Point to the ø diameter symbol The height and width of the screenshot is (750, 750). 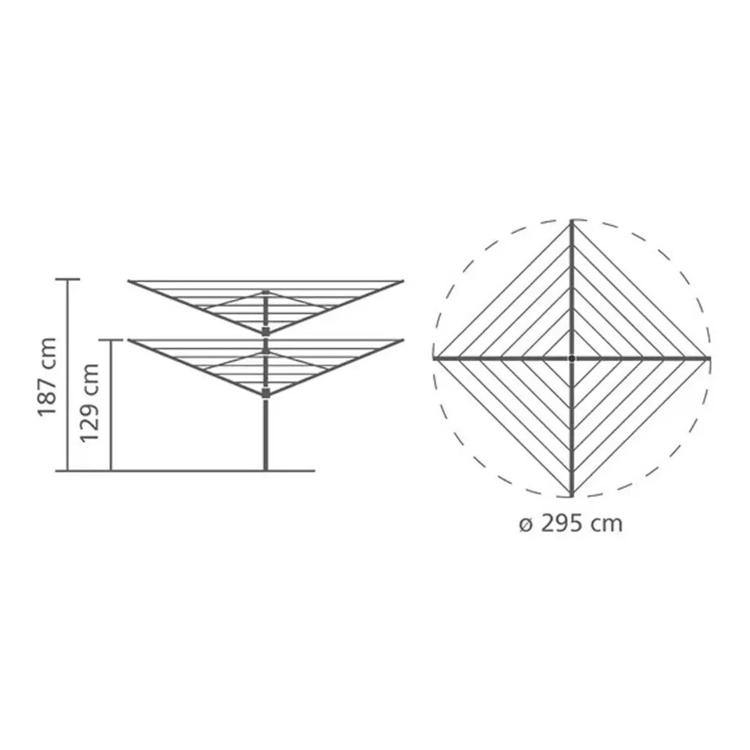click(x=526, y=524)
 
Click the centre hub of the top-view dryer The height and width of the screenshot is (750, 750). click(x=572, y=358)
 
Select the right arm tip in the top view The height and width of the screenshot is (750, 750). click(x=709, y=358)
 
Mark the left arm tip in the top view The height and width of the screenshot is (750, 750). click(x=435, y=358)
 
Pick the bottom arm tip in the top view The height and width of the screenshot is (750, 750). click(x=572, y=495)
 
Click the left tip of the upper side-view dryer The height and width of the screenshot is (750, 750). click(x=130, y=280)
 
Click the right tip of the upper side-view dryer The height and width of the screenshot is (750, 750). click(x=402, y=280)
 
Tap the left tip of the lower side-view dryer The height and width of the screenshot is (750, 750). click(x=130, y=341)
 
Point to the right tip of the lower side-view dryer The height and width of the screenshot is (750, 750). click(x=402, y=341)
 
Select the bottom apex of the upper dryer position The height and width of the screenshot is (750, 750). click(x=266, y=333)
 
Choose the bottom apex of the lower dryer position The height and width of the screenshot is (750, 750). click(x=266, y=394)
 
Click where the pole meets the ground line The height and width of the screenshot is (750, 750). click(x=266, y=470)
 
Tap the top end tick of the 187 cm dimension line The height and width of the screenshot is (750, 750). click(x=68, y=279)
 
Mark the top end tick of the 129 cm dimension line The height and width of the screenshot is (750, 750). click(x=112, y=340)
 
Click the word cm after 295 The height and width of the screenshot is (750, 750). click(x=607, y=523)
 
